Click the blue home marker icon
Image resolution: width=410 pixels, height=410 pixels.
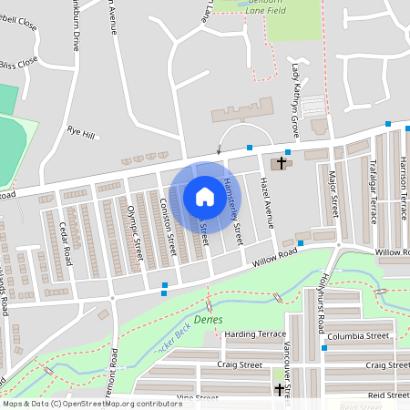click(204, 196)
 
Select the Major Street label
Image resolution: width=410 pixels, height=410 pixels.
click(333, 192)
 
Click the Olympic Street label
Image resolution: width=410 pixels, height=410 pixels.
click(136, 233)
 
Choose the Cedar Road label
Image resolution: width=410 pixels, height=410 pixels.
click(65, 239)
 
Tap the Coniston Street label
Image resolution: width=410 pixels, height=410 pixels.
click(169, 227)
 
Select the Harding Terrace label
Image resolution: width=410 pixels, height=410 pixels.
click(254, 334)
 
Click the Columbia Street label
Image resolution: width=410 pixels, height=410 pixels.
click(360, 335)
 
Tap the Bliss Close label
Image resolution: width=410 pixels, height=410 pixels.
click(20, 63)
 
